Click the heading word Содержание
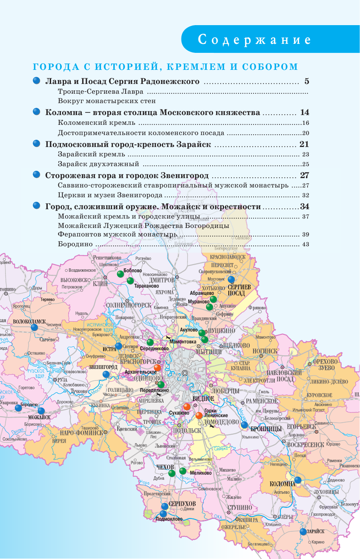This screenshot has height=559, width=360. pyautogui.click(x=254, y=40)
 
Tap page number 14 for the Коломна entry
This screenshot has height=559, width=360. pyautogui.click(x=304, y=113)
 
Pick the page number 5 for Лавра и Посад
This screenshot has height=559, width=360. pyautogui.click(x=306, y=81)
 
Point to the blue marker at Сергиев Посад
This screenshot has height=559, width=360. pyautogui.click(x=231, y=279)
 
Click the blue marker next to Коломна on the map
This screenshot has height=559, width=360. pyautogui.click(x=298, y=480)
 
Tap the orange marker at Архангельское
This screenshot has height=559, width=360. pyautogui.click(x=157, y=368)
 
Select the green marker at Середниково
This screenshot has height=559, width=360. pyautogui.click(x=150, y=342)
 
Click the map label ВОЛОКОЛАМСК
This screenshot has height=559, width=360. pyautogui.click(x=29, y=321)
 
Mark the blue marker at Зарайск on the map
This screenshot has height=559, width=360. pyautogui.click(x=303, y=532)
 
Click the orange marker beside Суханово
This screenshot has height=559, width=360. pyautogui.click(x=187, y=406)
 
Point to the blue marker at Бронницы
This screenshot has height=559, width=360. pyautogui.click(x=244, y=425)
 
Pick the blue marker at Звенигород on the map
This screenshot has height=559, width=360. pyautogui.click(x=106, y=374)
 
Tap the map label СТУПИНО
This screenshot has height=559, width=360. pyautogui.click(x=239, y=507)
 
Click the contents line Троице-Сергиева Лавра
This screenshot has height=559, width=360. pyautogui.click(x=102, y=92)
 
